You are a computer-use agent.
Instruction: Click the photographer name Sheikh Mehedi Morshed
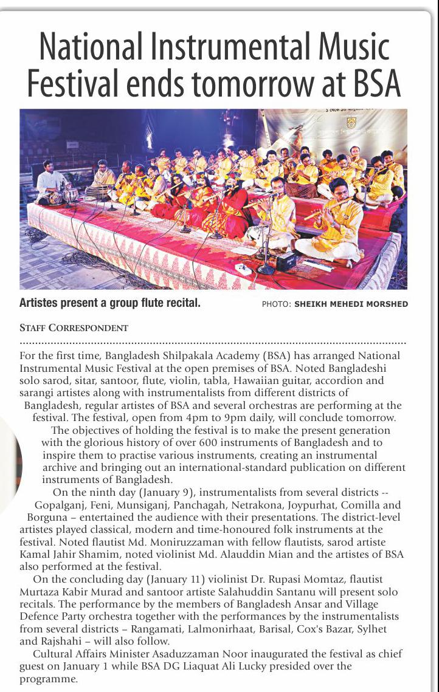tap(351, 304)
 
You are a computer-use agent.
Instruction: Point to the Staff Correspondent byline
tap(74, 328)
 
